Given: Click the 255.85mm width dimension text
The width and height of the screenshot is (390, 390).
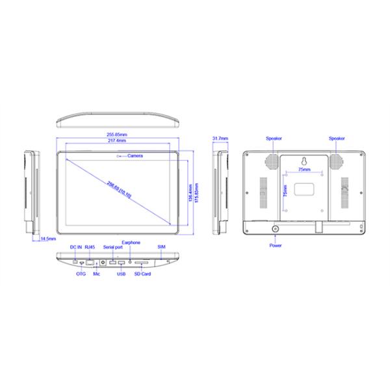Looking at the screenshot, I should click(117, 135).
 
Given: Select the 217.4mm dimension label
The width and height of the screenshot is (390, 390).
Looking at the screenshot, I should click(117, 141).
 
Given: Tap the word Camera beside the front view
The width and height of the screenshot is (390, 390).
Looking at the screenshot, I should click(135, 156).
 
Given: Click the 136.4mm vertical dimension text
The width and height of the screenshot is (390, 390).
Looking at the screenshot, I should click(189, 195).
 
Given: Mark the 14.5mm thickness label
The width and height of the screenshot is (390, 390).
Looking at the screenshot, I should click(47, 239).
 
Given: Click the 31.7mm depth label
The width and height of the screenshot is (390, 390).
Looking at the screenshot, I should click(220, 138).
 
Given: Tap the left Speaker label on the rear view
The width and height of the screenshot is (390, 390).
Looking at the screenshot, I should click(274, 138).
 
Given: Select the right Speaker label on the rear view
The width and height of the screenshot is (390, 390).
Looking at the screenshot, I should click(337, 138).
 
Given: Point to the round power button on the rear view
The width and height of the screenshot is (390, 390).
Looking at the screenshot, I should click(275, 229).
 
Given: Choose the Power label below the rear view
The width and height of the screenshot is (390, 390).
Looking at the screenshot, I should click(275, 246).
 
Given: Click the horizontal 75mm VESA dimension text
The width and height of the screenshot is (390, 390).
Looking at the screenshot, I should click(304, 169).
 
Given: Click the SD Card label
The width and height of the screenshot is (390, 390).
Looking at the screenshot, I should click(142, 274).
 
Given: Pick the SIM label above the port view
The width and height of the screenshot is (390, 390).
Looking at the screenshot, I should click(161, 247).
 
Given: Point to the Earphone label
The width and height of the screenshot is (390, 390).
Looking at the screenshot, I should click(131, 242).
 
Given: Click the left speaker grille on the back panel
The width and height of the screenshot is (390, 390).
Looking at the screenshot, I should click(273, 161).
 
